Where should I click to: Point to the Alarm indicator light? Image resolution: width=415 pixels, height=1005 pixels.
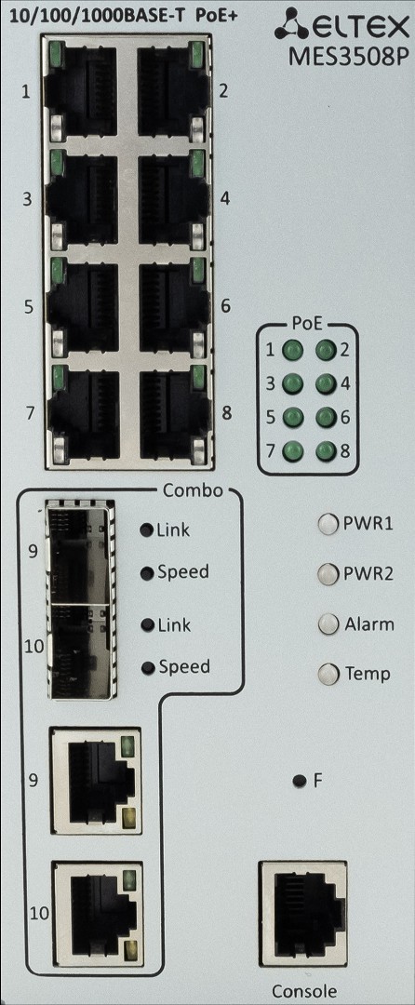click(328, 623)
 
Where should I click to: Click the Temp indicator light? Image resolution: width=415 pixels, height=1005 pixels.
click(328, 674)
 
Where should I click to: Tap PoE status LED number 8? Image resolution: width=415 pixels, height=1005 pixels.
click(326, 450)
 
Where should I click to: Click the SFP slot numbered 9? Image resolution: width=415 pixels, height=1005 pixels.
click(81, 553)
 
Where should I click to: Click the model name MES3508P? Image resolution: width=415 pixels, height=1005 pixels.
click(348, 58)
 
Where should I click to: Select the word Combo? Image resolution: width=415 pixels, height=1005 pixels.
click(193, 491)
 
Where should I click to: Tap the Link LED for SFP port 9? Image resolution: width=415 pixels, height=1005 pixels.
click(147, 530)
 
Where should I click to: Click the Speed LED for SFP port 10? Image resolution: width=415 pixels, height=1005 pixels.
click(148, 668)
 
